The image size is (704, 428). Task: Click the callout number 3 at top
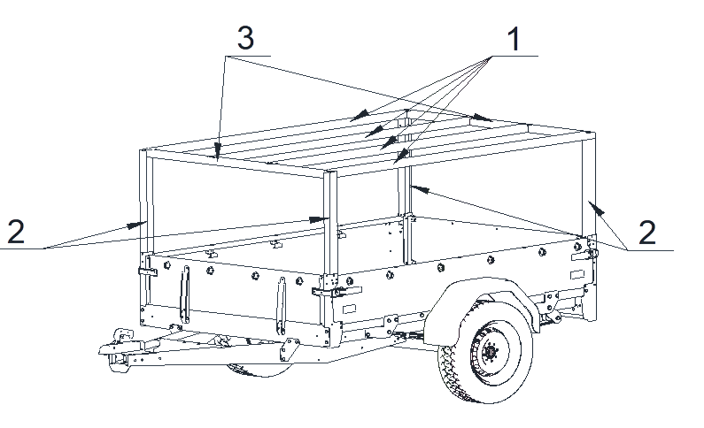click(x=245, y=38)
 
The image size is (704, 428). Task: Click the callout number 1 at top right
click(x=514, y=39)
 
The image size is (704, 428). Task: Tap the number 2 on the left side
click(x=16, y=232)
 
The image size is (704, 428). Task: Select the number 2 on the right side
click(x=647, y=233)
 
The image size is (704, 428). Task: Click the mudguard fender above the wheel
click(x=481, y=305)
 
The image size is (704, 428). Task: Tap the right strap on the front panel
click(x=281, y=306)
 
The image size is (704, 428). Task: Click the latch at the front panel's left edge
click(x=148, y=271)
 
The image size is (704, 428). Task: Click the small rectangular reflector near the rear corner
click(x=577, y=274)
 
